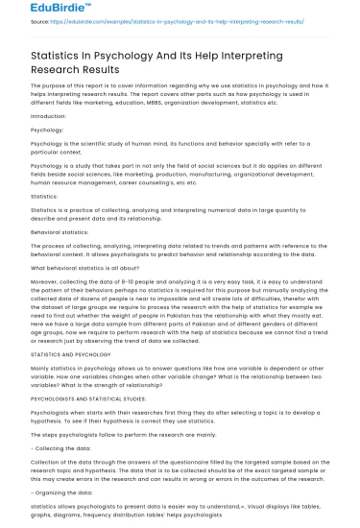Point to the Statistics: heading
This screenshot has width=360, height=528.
click(45, 222)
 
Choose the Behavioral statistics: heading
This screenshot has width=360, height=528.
click(65, 259)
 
